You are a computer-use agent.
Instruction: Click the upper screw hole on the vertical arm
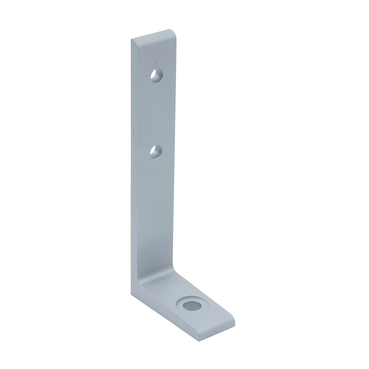coord(156,76)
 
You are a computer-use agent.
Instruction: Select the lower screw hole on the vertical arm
coord(156,152)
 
